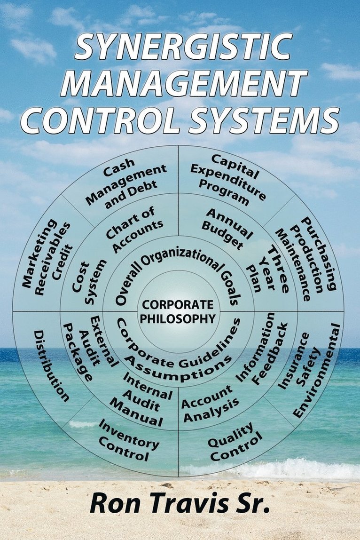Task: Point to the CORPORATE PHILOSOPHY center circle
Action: [x=178, y=311]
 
